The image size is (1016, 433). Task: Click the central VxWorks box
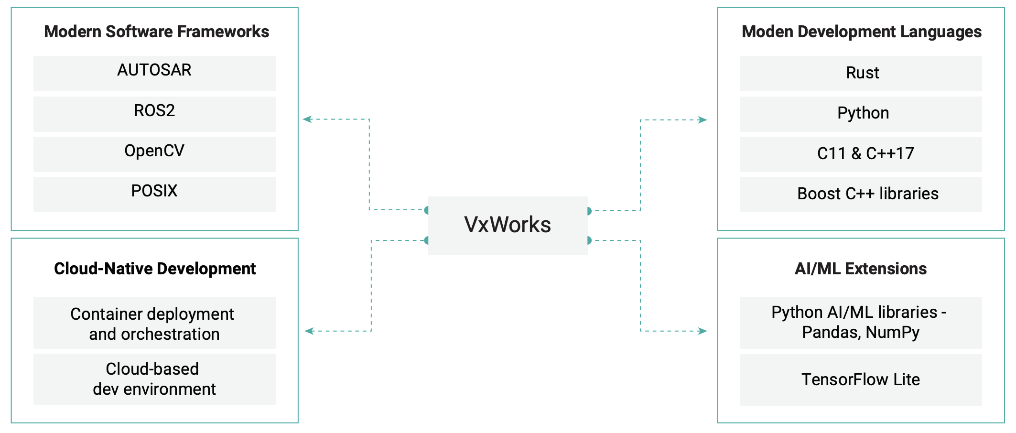coord(508,225)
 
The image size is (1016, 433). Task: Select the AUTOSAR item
coord(154,73)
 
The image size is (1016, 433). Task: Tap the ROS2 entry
coord(154,114)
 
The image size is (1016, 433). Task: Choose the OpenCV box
coord(154,154)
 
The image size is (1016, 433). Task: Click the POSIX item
coord(154,194)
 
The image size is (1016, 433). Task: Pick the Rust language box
coord(861,73)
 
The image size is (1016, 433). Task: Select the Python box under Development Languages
coord(861,114)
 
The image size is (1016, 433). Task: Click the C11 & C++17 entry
coord(861,154)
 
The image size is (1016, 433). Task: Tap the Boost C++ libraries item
coord(861,194)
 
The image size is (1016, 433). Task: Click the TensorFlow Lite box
coord(861,379)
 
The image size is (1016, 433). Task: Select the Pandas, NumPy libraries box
coord(861,323)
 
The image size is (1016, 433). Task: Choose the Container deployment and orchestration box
coord(154,324)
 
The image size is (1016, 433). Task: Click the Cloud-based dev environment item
coord(154,379)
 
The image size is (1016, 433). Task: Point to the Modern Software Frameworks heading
coord(156,32)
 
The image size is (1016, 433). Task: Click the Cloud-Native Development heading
coord(155,269)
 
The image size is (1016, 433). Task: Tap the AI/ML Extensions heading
coord(861,269)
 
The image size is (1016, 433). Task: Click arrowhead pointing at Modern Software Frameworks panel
coord(307,119)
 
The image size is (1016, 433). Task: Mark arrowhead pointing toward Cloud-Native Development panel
coord(309,331)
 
